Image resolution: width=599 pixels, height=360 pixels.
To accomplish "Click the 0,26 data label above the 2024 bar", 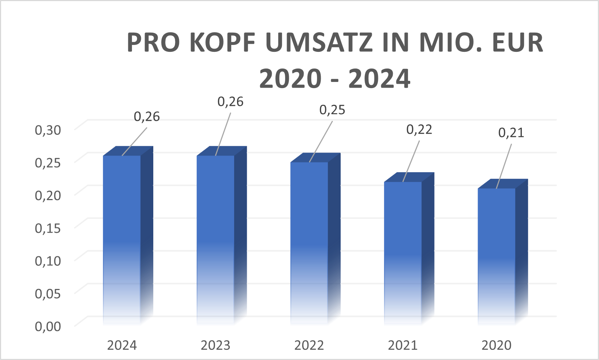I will pyautogui.click(x=147, y=116).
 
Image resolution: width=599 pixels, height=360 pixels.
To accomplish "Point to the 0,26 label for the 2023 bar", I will pyautogui.click(x=230, y=102).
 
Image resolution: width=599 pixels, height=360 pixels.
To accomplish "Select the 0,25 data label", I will pyautogui.click(x=332, y=110).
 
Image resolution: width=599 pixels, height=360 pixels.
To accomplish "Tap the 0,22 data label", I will pyautogui.click(x=419, y=129).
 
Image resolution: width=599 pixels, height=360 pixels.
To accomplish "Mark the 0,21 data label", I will pyautogui.click(x=511, y=133).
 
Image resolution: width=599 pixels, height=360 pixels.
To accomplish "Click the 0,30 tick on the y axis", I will pyautogui.click(x=48, y=130).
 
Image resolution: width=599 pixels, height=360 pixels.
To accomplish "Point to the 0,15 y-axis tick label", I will pyautogui.click(x=48, y=228).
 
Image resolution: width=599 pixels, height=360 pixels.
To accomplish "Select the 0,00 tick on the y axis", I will pyautogui.click(x=48, y=326).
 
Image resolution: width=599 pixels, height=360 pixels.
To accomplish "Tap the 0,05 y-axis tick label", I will pyautogui.click(x=48, y=293).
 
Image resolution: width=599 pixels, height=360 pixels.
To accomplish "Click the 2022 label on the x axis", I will pyautogui.click(x=309, y=345).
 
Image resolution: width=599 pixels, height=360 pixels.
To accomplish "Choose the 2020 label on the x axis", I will pyautogui.click(x=496, y=345).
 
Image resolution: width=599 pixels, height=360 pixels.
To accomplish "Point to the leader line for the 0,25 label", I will pyautogui.click(x=321, y=141).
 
